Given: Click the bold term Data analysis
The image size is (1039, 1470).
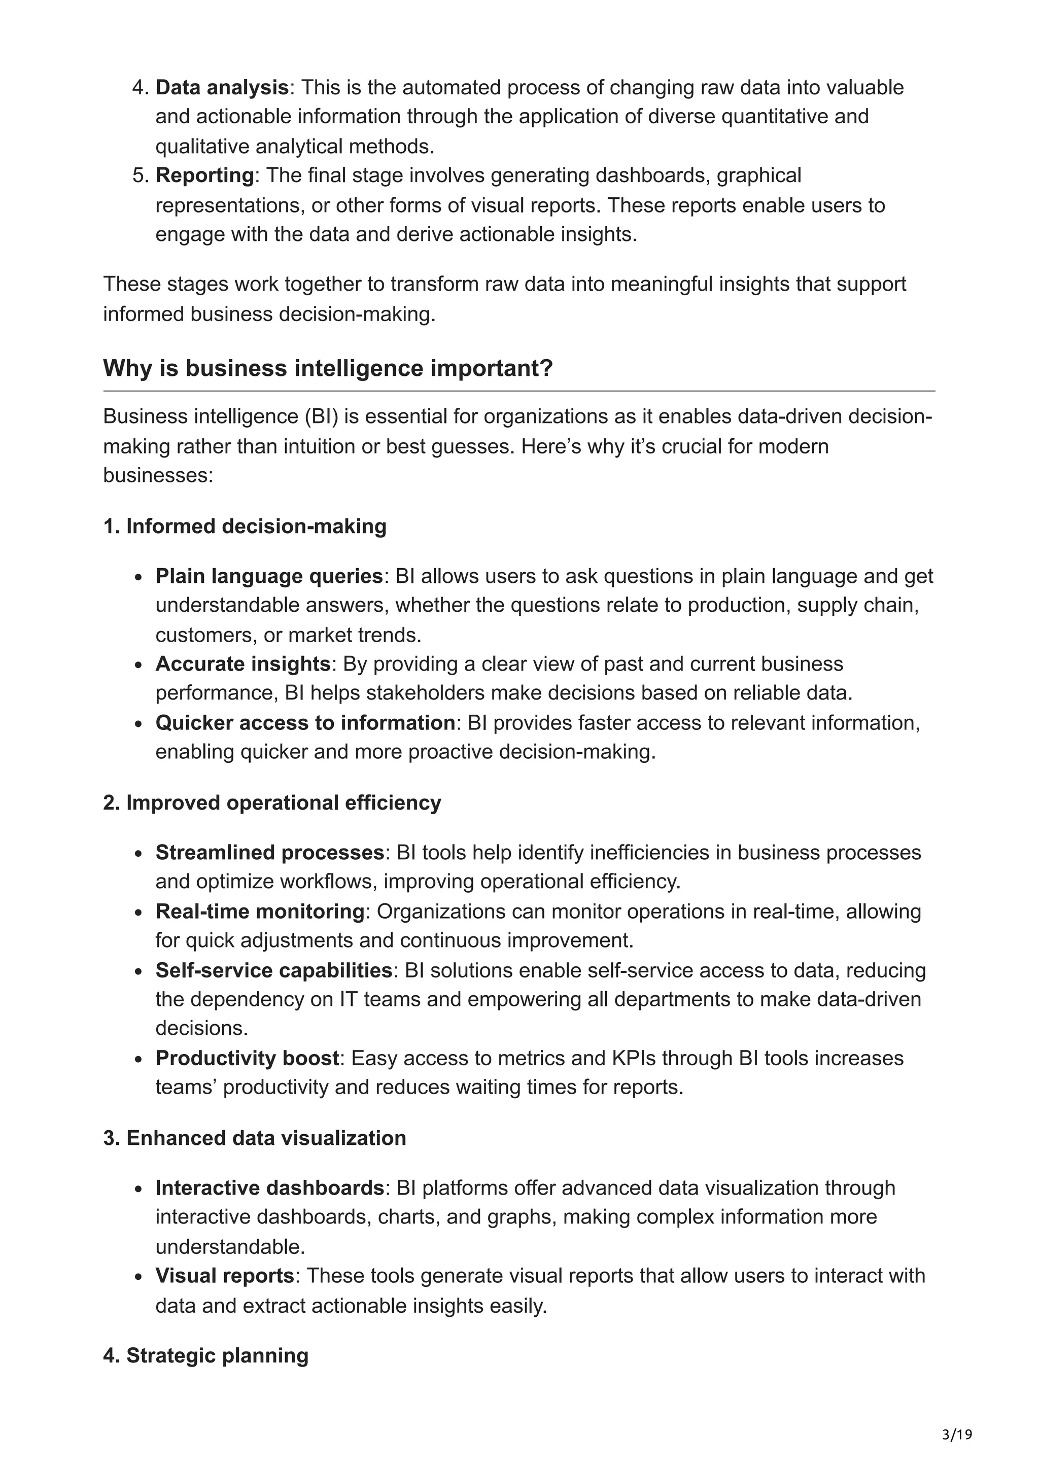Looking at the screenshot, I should tap(222, 88).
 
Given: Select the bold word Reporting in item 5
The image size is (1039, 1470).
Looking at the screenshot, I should tap(205, 176).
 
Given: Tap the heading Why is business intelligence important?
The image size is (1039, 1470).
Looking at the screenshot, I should tap(328, 368).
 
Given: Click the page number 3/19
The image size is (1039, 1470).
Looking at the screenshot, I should tap(957, 1435).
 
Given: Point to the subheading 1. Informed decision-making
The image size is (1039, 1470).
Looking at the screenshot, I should tap(245, 527).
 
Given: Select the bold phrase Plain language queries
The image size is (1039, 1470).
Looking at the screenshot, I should tap(269, 576).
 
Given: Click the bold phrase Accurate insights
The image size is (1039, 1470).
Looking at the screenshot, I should tap(243, 664).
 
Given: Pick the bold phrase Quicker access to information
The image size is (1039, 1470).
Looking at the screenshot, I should tap(305, 723).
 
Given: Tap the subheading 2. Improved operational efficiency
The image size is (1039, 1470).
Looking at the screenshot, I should tap(272, 803).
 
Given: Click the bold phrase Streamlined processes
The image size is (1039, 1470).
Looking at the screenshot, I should tap(269, 853).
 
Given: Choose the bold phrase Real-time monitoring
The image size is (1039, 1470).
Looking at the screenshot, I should tap(260, 911).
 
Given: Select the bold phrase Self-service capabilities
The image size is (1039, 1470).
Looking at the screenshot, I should tap(274, 970).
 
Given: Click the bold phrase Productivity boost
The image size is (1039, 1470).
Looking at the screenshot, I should tap(247, 1058).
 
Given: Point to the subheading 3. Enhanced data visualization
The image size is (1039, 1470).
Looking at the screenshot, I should tap(255, 1138).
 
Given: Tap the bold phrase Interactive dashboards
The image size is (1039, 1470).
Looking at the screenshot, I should tap(269, 1188).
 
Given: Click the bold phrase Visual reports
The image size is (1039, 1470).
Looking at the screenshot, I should tap(225, 1276).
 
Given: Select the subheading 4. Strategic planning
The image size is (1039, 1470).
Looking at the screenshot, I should tap(205, 1356).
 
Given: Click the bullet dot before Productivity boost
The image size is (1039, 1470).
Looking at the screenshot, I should tap(138, 1060).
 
